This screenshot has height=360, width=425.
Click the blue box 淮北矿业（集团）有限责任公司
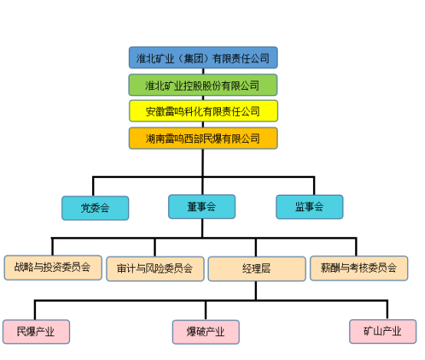point(203,58)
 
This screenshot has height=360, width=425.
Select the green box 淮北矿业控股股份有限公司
point(203,85)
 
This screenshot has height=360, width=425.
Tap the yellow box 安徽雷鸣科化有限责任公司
point(203,111)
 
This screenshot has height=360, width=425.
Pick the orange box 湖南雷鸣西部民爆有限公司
point(203,138)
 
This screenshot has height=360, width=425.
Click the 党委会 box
point(95,208)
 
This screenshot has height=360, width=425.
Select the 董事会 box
point(202,206)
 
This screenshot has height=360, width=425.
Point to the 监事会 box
point(309,207)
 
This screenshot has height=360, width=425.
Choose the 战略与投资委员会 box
point(53,267)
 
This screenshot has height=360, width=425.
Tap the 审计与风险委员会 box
point(155,269)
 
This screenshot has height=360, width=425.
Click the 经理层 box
point(257,269)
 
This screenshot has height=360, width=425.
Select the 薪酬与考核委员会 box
point(359,268)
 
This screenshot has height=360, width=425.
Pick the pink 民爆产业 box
point(36,332)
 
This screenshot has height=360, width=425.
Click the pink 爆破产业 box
point(206,332)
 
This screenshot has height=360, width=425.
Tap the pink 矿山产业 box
point(383,332)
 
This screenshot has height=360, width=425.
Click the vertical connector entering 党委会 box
point(93,187)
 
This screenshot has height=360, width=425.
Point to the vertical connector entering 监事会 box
point(314,186)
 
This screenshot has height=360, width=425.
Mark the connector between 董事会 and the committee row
point(203,229)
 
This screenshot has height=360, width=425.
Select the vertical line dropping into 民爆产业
point(35,310)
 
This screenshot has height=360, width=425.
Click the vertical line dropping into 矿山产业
point(387,310)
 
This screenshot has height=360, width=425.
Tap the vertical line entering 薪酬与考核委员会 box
point(356,247)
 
